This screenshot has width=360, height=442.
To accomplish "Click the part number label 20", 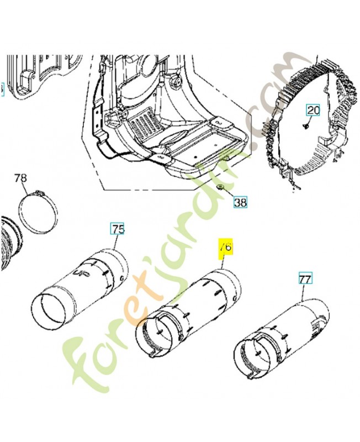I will [313, 110].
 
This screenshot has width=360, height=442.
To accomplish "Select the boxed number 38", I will [240, 202].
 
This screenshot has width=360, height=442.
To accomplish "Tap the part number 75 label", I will [118, 229].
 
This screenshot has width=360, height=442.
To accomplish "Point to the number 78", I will [20, 178].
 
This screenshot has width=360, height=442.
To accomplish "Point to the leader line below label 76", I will [223, 262].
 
